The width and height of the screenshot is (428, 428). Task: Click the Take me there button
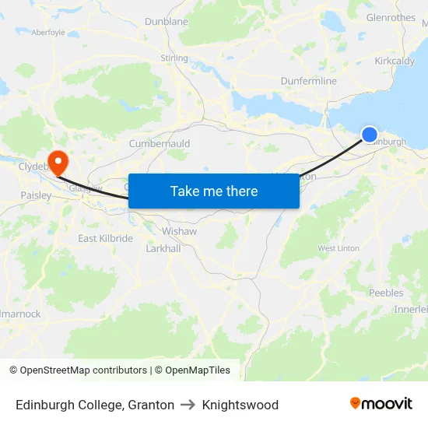click(x=214, y=191)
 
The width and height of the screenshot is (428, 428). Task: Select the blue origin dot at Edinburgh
click(x=370, y=135)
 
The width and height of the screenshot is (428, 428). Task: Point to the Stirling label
click(x=174, y=58)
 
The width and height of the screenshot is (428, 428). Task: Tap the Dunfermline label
click(x=309, y=81)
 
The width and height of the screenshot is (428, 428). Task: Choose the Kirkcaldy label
click(x=394, y=61)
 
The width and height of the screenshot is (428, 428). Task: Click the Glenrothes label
click(x=390, y=17)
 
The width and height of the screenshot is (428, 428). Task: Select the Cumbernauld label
click(x=159, y=144)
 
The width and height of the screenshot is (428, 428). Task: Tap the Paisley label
click(x=36, y=195)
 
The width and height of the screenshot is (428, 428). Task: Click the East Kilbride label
click(x=105, y=238)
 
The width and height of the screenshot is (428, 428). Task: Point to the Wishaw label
click(x=179, y=231)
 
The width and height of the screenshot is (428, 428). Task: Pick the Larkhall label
click(x=163, y=247)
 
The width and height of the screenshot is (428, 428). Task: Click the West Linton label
click(x=339, y=248)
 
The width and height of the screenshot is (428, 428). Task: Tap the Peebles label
click(x=387, y=293)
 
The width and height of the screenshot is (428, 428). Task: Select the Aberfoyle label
click(x=48, y=32)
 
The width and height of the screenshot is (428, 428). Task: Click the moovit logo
click(x=381, y=403)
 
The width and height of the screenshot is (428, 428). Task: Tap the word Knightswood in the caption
click(x=240, y=405)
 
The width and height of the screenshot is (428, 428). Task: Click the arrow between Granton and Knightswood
click(x=188, y=405)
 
